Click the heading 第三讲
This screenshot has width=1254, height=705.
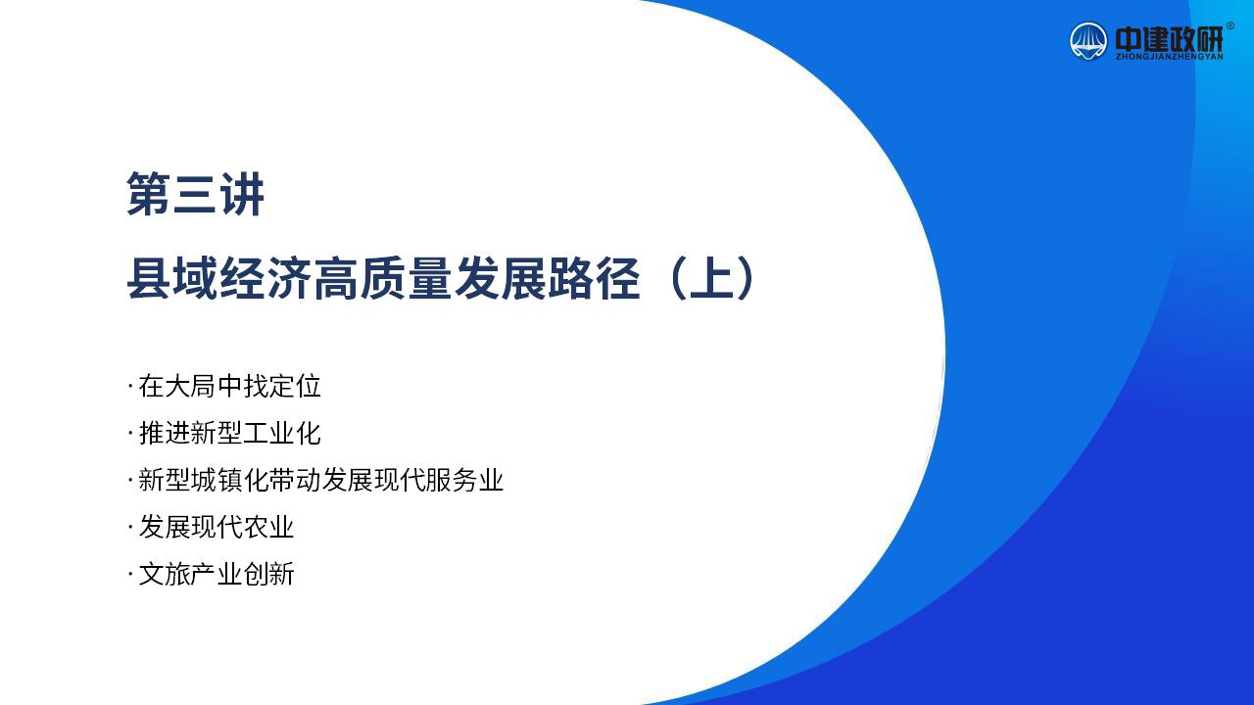pyautogui.click(x=195, y=194)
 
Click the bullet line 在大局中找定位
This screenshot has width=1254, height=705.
pyautogui.click(x=224, y=386)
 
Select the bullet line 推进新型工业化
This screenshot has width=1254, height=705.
pyautogui.click(x=224, y=433)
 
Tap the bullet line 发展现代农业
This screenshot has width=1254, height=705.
pyautogui.click(x=211, y=527)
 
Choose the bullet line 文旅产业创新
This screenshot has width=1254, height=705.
pyautogui.click(x=211, y=574)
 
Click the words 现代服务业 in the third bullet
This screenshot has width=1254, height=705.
pyautogui.click(x=439, y=480)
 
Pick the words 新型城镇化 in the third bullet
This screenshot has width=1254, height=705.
pyautogui.click(x=203, y=480)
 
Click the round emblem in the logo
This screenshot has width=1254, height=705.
pyautogui.click(x=1088, y=41)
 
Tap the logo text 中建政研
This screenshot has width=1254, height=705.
pyautogui.click(x=1169, y=39)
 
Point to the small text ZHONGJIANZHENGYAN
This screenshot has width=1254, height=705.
pyautogui.click(x=1169, y=57)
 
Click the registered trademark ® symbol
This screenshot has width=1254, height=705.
pyautogui.click(x=1230, y=25)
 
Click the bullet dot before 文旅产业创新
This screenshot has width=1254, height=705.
pyautogui.click(x=130, y=574)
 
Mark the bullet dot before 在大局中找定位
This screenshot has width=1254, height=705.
pyautogui.click(x=130, y=386)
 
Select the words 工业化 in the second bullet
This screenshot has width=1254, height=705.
pyautogui.click(x=281, y=433)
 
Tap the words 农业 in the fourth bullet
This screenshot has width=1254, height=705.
pyautogui.click(x=268, y=527)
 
